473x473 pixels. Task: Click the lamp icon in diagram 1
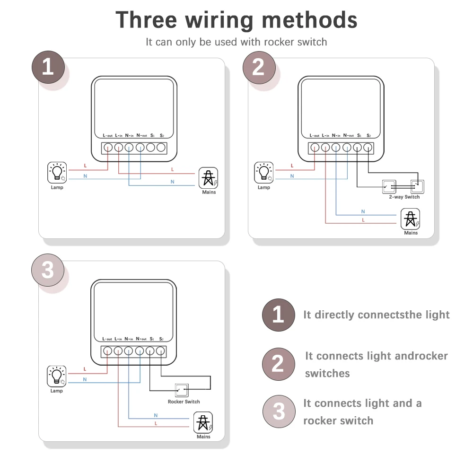[57, 173]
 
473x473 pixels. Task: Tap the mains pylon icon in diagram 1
[209, 178]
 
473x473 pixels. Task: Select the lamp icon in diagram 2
[264, 173]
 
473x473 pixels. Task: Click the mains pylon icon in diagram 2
[411, 219]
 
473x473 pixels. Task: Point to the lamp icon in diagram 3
[57, 376]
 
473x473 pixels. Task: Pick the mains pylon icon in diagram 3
[203, 422]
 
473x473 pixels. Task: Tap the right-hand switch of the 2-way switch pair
[416, 187]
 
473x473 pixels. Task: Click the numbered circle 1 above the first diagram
[48, 68]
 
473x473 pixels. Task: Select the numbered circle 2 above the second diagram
[258, 68]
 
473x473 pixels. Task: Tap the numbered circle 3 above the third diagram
[48, 271]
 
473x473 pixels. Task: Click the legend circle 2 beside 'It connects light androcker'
[278, 364]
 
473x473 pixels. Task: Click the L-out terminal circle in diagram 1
[108, 148]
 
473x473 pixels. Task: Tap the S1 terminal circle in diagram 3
[150, 351]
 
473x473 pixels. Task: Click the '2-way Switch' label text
[404, 197]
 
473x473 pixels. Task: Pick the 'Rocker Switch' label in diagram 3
[184, 402]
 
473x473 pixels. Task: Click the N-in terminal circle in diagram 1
[129, 148]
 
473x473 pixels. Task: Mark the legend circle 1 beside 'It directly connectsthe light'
[278, 315]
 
